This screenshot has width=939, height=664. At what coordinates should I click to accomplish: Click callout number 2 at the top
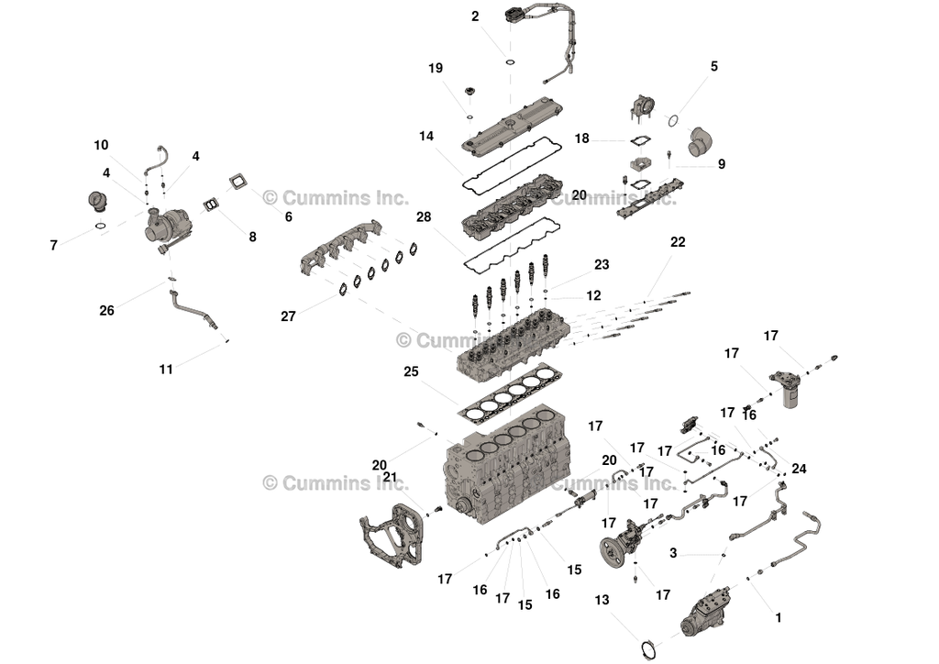[x=475, y=17]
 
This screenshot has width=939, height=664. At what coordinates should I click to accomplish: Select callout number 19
[x=436, y=69]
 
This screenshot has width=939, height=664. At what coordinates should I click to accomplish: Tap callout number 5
[x=713, y=67]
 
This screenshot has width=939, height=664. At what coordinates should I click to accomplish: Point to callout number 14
[x=426, y=137]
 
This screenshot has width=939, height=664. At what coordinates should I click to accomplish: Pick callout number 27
[x=289, y=316]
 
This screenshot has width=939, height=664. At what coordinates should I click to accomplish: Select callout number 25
[x=411, y=372]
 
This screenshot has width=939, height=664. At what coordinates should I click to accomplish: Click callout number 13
[x=602, y=600]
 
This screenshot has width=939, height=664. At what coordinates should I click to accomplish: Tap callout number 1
[x=779, y=618]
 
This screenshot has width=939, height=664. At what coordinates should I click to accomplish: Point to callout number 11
[x=166, y=370]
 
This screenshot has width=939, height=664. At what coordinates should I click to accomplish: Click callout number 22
[x=678, y=242]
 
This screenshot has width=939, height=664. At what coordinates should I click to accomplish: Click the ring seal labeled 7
[x=100, y=225]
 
